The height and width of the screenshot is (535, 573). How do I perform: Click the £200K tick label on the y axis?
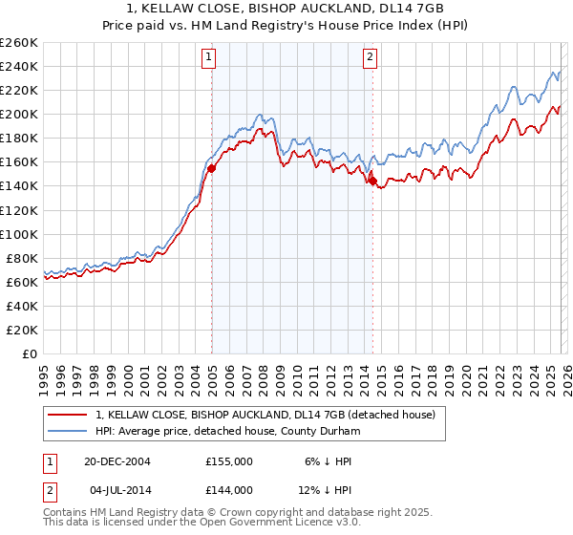click(18, 114)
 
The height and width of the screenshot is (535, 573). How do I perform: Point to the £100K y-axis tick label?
click(18, 234)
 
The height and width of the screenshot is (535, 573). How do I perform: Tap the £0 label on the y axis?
click(29, 353)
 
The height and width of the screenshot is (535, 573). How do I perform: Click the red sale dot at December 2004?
click(212, 167)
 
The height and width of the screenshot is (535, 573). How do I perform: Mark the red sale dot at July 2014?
click(372, 181)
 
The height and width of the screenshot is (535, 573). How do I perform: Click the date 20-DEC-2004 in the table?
click(117, 460)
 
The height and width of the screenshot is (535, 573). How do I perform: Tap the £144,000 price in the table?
click(229, 489)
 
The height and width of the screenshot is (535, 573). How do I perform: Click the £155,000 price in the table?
click(229, 460)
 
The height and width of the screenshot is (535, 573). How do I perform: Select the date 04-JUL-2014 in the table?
click(117, 489)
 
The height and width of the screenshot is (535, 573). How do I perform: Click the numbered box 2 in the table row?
click(48, 489)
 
